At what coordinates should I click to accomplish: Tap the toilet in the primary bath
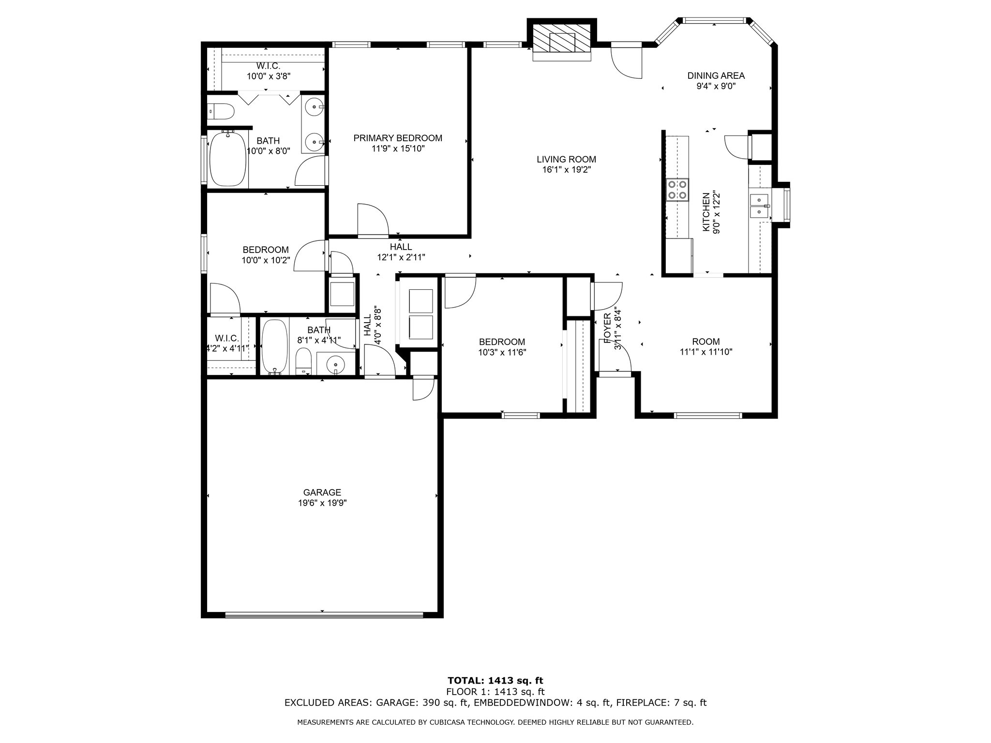(221, 112)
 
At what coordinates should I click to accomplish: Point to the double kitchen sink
(760, 206)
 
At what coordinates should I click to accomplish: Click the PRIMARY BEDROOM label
(398, 138)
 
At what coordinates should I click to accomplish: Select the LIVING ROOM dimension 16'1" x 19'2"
(566, 170)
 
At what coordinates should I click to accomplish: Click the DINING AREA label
(716, 75)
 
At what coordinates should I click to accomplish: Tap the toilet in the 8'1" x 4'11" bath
(304, 361)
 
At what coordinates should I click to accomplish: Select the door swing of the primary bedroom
(373, 221)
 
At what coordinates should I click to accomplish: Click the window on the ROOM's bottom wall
(708, 415)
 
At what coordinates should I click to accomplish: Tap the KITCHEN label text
(706, 212)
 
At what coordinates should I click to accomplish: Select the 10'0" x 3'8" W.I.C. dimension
(269, 76)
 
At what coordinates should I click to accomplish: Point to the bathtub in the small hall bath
(274, 347)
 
